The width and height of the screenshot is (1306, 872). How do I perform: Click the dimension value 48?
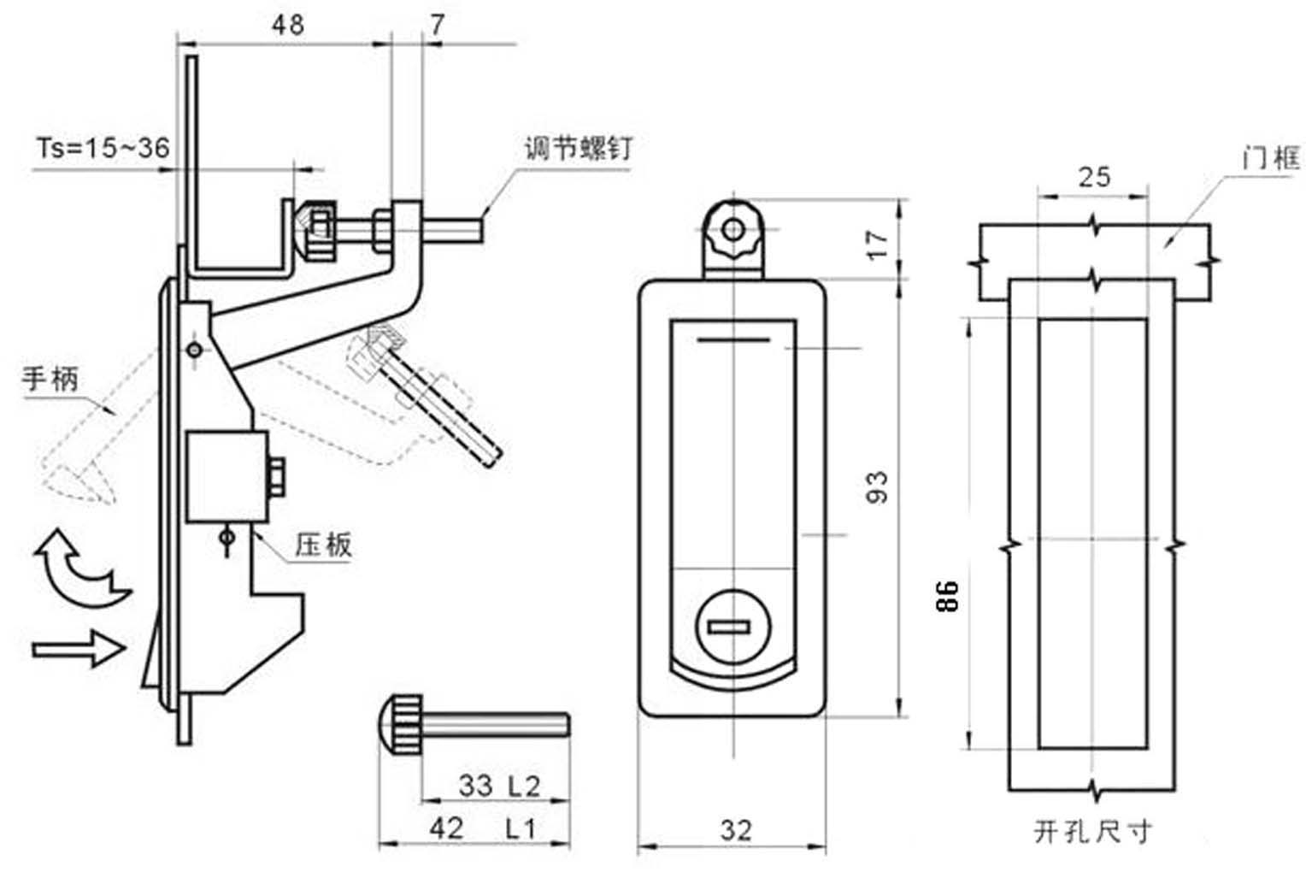(x=288, y=25)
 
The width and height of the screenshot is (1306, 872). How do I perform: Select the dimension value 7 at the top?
(x=438, y=25)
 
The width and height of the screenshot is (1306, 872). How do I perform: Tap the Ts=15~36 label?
(x=103, y=148)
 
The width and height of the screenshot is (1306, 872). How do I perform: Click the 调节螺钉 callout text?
(x=578, y=148)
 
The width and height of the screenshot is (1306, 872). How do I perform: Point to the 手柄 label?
(x=50, y=379)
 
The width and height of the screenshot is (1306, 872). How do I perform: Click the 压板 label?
(x=324, y=545)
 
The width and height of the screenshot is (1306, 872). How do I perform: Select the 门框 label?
(x=1271, y=157)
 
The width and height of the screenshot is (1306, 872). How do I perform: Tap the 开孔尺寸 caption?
(x=1093, y=832)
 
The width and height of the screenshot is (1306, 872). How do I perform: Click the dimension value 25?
(x=1094, y=177)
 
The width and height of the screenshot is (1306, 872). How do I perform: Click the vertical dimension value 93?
(x=878, y=487)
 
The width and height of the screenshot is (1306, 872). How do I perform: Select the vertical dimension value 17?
(x=878, y=244)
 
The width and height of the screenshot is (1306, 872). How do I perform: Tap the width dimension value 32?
(x=736, y=831)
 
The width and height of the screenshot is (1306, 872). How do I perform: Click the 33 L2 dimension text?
(x=499, y=787)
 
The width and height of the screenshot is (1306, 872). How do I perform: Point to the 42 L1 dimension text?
(x=482, y=828)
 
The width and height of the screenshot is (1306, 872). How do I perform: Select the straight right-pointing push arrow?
(x=79, y=648)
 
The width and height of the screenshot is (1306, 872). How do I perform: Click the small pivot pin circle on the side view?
(x=195, y=350)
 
